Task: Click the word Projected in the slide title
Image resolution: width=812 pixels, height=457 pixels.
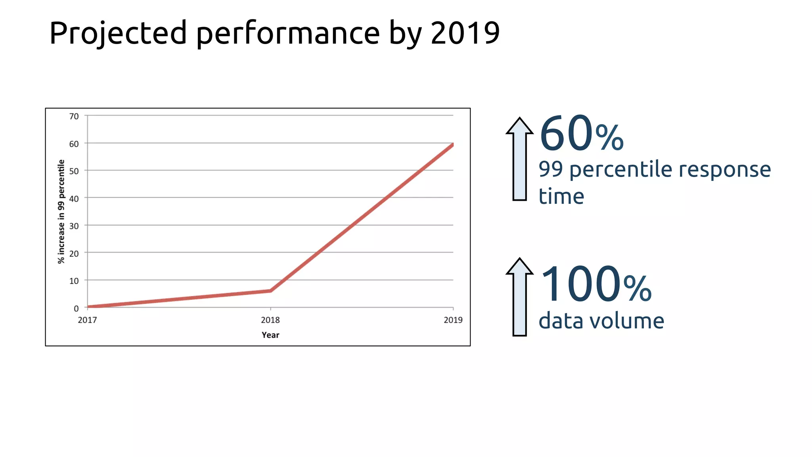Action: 118,33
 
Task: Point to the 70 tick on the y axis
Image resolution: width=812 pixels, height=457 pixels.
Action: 74,116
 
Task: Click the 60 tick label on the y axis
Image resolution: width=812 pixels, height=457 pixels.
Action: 74,144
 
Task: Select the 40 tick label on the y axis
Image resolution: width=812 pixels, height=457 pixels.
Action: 74,199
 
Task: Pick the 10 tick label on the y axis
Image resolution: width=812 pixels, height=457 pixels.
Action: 74,281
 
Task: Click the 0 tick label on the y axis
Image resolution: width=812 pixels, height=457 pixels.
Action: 76,308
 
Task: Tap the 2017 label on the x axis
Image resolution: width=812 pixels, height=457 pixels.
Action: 87,320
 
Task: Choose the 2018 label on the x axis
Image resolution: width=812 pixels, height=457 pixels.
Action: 270,320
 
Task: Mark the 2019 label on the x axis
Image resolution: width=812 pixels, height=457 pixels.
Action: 453,320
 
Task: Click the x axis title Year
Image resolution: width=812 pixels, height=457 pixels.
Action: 270,335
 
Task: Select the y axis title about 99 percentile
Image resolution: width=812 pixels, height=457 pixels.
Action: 61,211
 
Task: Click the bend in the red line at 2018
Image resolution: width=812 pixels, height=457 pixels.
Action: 270,291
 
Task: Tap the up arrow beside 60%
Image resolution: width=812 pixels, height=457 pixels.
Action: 519,159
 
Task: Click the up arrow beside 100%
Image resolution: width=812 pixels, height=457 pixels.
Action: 519,298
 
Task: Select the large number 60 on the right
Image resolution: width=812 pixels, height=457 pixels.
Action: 566,134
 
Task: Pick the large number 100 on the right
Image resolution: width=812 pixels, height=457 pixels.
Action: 580,284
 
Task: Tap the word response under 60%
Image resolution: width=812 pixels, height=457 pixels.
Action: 725,169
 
